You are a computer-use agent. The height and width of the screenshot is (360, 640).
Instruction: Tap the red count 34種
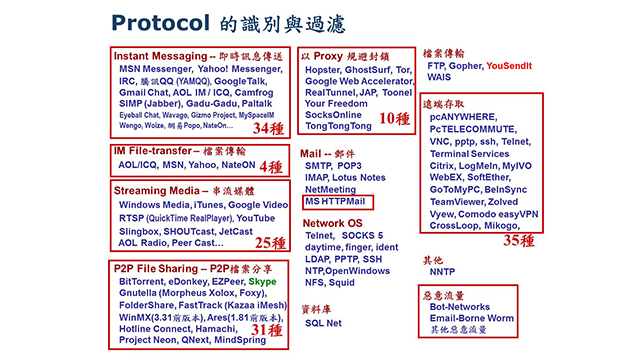(x=268, y=129)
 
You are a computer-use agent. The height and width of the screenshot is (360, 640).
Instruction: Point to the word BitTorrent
(x=139, y=283)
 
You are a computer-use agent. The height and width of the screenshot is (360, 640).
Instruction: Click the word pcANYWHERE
(x=464, y=116)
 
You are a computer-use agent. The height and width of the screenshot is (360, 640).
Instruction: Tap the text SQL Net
(x=324, y=323)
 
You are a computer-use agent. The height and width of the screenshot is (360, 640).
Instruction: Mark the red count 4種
(x=270, y=166)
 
